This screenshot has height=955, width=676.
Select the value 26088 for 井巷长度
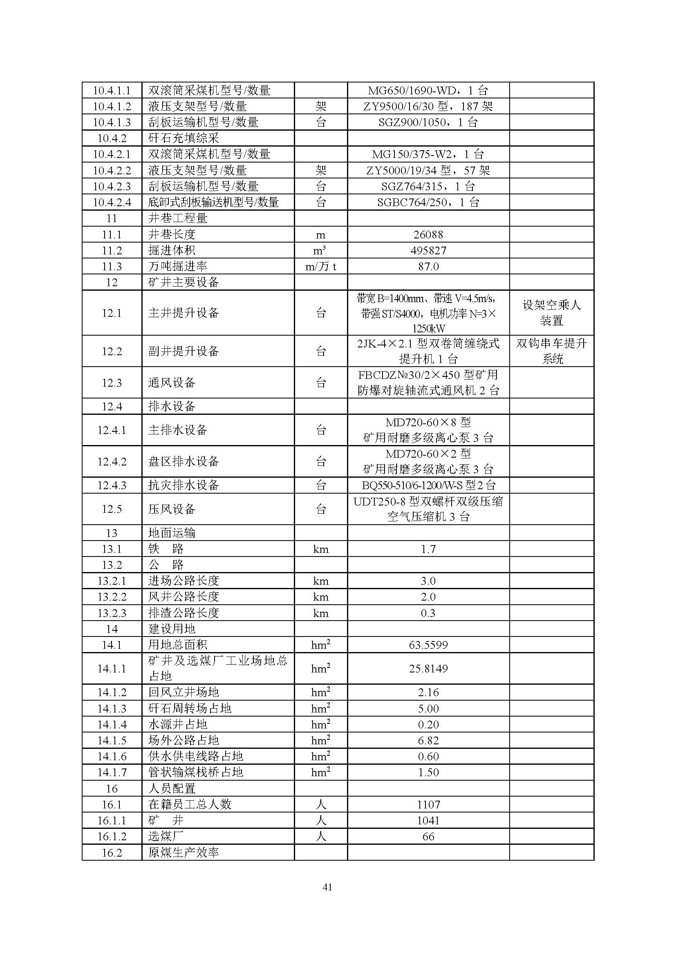[x=428, y=235]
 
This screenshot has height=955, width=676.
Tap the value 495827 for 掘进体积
[x=428, y=250]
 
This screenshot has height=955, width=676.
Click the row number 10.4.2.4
[x=112, y=203]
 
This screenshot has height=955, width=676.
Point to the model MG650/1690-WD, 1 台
[x=428, y=90]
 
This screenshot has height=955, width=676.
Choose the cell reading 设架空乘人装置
[x=551, y=313]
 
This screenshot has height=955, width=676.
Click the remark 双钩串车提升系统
[x=551, y=351]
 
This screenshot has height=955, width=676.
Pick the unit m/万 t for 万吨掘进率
[x=320, y=267]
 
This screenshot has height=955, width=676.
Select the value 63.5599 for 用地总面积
[x=428, y=645]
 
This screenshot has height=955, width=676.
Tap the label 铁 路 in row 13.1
[x=166, y=549]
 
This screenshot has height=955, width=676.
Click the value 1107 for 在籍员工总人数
[x=428, y=805]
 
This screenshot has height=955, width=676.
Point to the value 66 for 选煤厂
[x=428, y=837]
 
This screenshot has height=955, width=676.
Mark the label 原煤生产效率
[x=183, y=853]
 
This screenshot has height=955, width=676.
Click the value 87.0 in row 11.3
[x=428, y=267]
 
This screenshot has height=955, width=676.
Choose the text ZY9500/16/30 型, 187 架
[x=428, y=107]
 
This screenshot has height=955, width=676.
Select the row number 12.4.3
[x=112, y=485]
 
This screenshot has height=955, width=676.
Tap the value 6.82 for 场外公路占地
[x=428, y=741]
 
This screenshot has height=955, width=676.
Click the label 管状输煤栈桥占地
[x=195, y=772]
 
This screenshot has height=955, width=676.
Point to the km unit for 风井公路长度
[x=320, y=597]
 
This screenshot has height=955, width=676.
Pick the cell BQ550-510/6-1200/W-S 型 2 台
[x=428, y=485]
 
